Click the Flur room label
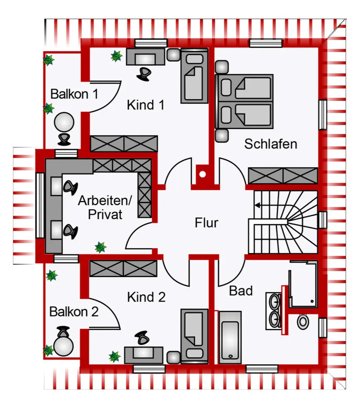tap(206, 223)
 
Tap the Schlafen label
tap(271, 144)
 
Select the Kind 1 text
tap(146, 105)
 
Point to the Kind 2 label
tap(146, 297)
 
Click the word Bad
tap(241, 291)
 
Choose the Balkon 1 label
tap(74, 94)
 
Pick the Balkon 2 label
tap(74, 312)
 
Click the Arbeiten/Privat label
tap(105, 208)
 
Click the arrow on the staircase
tap(258, 205)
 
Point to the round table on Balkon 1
tap(64, 123)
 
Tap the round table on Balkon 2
tap(64, 346)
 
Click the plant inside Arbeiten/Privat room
tap(100, 248)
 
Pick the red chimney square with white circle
tap(202, 174)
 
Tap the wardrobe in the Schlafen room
tap(282, 175)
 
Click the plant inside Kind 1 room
tap(116, 56)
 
